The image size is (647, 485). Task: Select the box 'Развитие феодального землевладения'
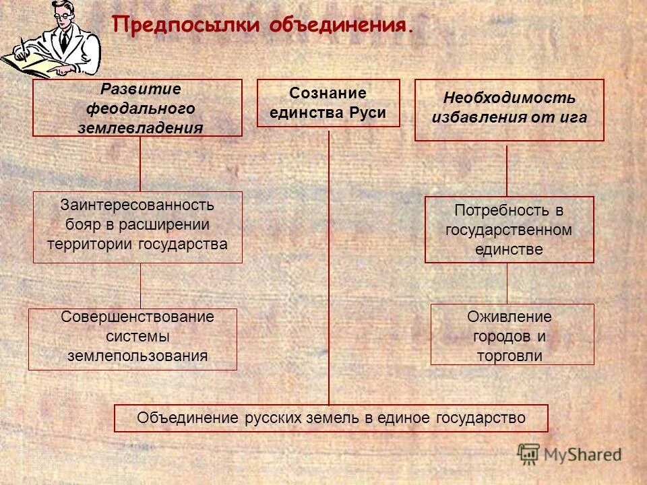tap(137, 108)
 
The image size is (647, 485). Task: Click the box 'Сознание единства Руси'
tap(328, 103)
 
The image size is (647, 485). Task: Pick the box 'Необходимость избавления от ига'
tap(509, 110)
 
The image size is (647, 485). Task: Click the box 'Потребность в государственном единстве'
tap(509, 229)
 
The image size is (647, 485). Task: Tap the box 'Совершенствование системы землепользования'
tap(133, 339)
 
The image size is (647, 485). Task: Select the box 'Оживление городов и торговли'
tap(512, 334)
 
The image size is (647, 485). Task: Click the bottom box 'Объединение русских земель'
tap(331, 418)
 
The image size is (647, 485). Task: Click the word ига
tap(574, 117)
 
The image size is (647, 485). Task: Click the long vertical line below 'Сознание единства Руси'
tap(329, 269)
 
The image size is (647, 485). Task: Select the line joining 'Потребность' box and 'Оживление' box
tap(507, 283)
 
